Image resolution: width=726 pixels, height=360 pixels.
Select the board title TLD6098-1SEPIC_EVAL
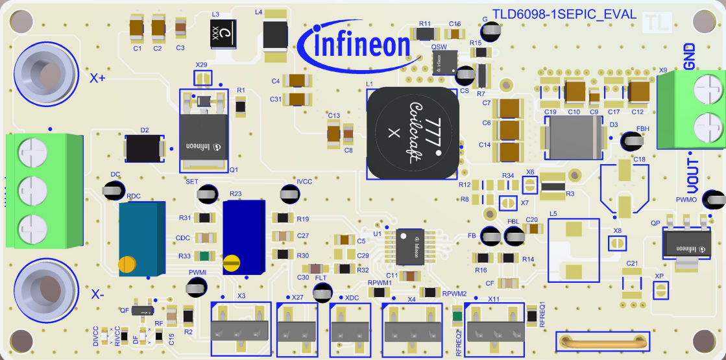pos(563,14)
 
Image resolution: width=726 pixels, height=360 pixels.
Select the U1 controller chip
pos(410,246)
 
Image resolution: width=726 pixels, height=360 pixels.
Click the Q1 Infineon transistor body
pos(203,138)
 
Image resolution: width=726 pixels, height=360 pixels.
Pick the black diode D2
pos(144,149)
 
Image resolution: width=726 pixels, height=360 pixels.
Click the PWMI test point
pos(197,285)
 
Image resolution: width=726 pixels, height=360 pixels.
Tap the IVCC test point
pos(290,194)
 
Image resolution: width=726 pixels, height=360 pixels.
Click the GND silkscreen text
pos(689,57)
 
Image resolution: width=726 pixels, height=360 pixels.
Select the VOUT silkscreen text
pos(693,174)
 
